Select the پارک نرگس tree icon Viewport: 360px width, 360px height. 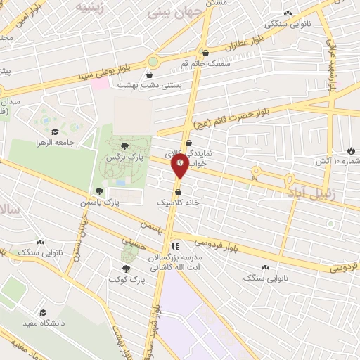(x=124, y=146)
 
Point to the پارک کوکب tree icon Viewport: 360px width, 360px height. (x=126, y=269)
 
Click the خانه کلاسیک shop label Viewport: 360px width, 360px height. (x=178, y=202)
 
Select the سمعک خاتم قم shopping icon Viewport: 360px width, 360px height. (x=205, y=53)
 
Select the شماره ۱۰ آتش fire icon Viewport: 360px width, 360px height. (x=351, y=150)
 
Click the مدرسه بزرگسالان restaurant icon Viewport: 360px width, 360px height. (x=175, y=246)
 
